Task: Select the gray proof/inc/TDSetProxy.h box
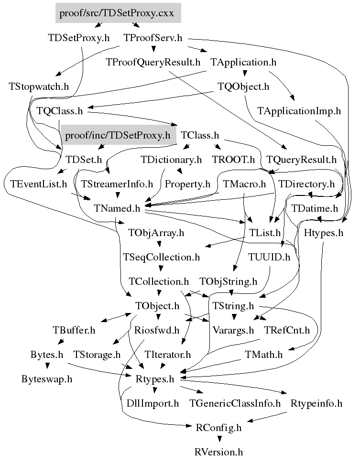tap(117, 135)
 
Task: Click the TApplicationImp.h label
tap(299, 111)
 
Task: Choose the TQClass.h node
tap(60, 111)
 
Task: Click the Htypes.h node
tap(324, 233)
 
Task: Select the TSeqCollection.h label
tap(161, 257)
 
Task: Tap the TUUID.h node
tap(269, 257)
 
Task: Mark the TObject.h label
tap(157, 305)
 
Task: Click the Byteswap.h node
tap(47, 379)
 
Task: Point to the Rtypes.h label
tap(157, 379)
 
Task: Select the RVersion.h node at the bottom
tap(218, 452)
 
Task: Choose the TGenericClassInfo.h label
tap(235, 403)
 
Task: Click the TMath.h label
tap(263, 355)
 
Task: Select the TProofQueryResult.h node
tap(153, 62)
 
